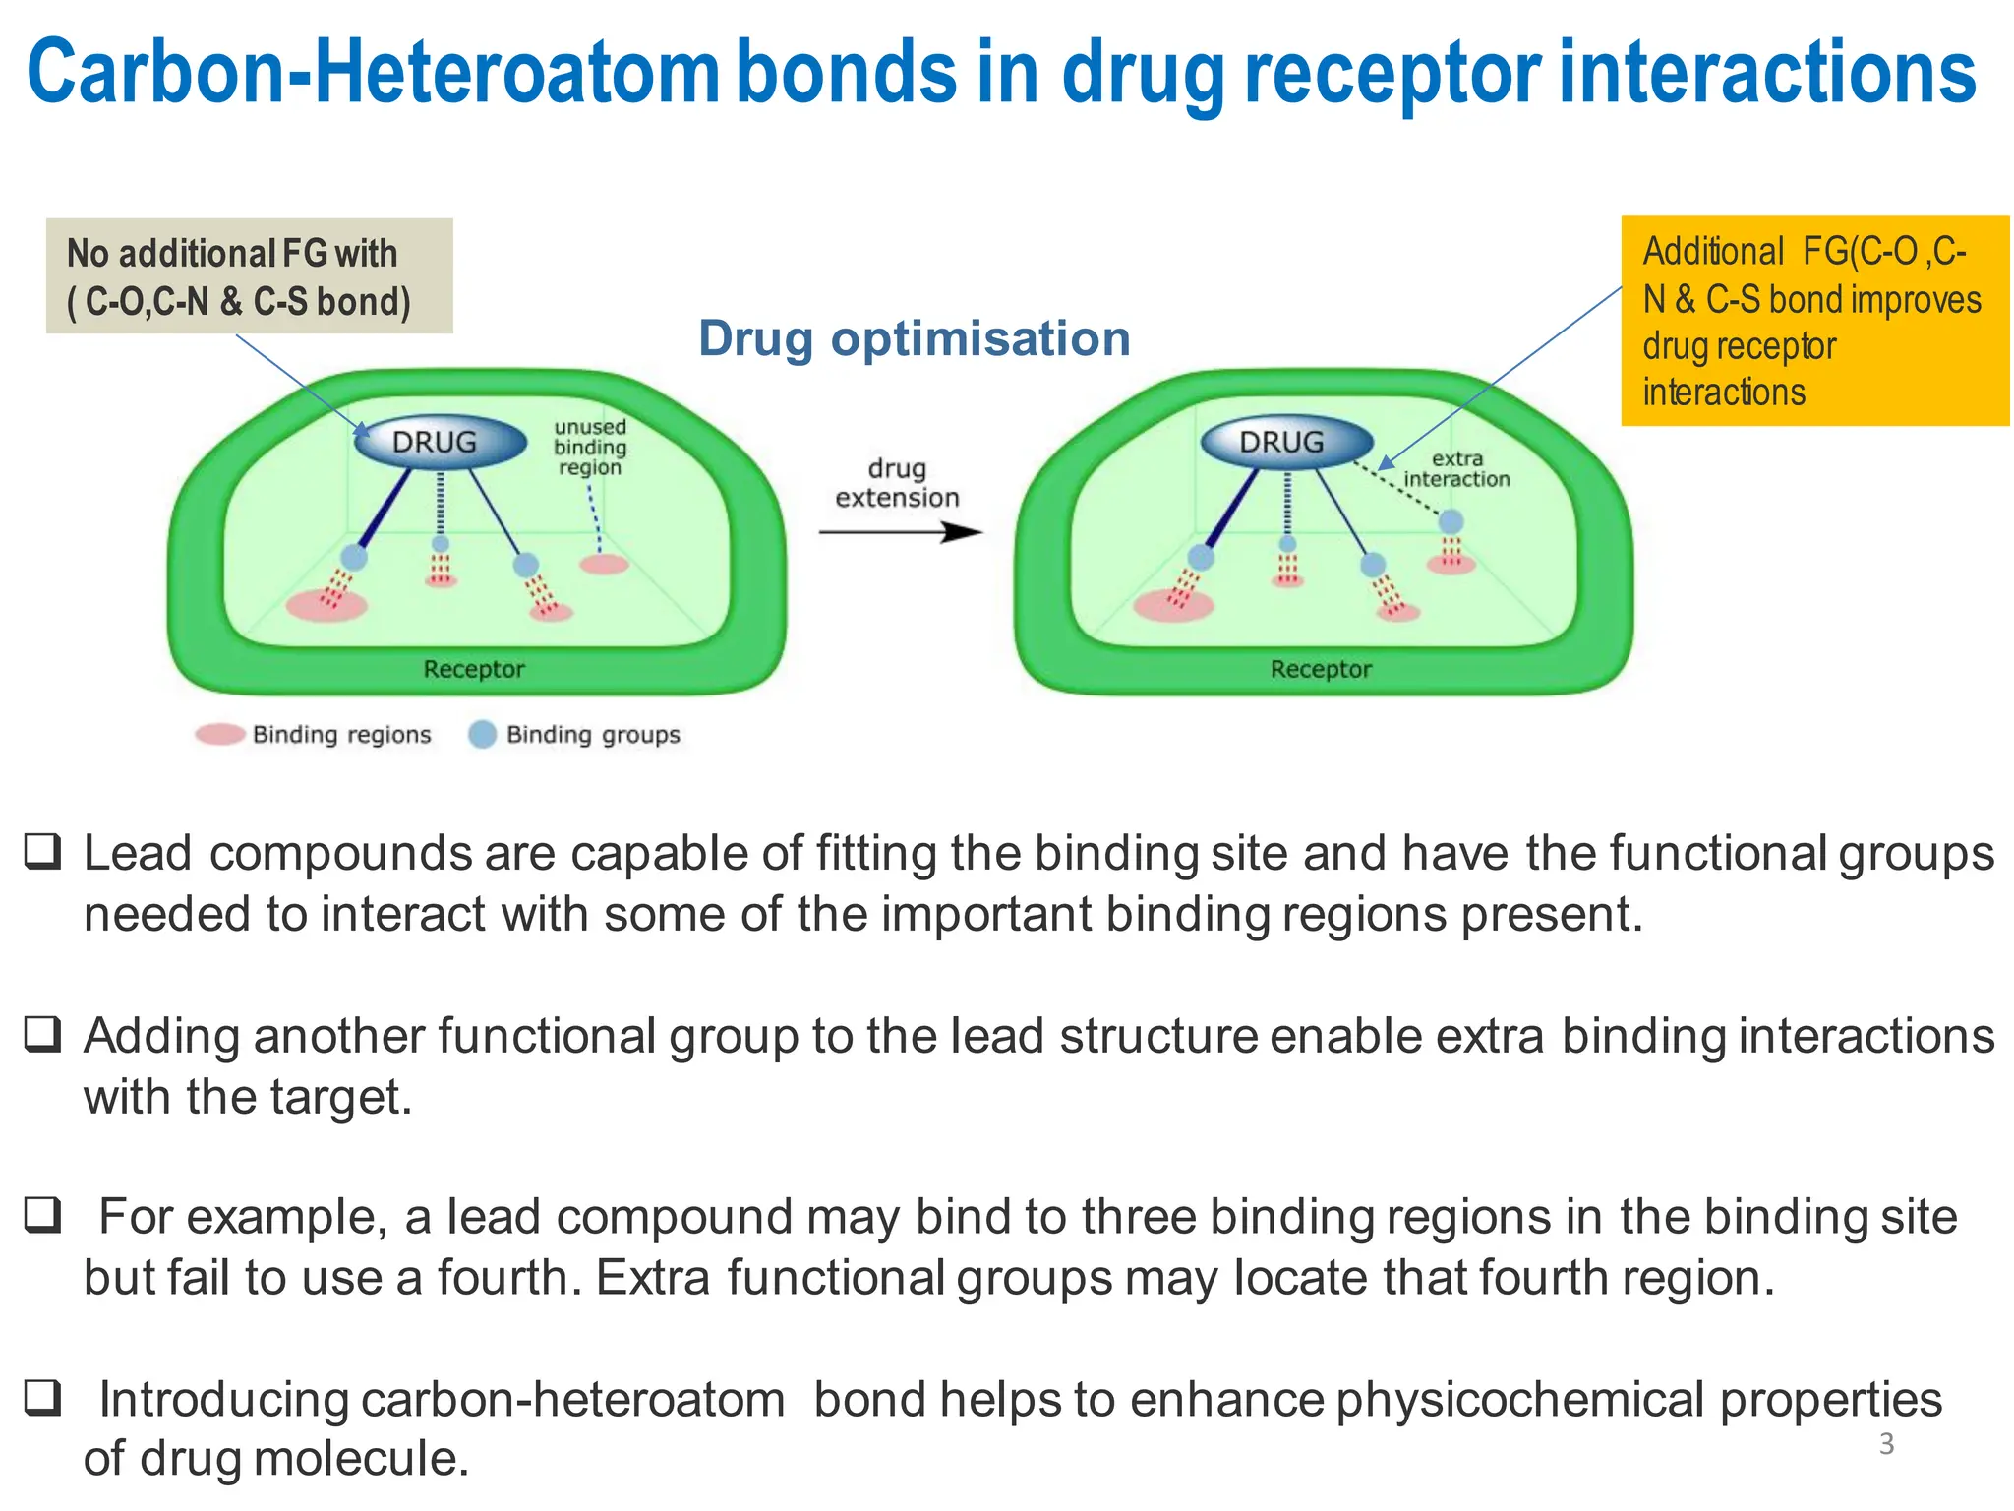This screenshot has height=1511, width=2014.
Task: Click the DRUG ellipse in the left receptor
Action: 439,443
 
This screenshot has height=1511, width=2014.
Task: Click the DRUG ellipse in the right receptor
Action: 1286,443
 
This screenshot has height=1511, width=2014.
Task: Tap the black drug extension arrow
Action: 900,532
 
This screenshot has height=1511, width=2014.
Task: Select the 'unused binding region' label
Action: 589,448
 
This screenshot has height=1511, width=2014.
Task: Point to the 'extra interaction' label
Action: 1456,469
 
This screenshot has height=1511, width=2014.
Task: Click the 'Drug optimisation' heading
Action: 914,338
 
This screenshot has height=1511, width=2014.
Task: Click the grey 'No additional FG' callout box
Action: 249,276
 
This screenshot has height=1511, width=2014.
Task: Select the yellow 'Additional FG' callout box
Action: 1814,321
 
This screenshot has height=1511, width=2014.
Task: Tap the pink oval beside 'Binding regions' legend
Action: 219,735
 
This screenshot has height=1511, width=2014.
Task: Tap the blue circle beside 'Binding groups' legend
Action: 482,735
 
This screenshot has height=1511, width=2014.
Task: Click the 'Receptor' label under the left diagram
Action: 474,670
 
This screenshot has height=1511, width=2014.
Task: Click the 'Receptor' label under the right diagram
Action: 1321,670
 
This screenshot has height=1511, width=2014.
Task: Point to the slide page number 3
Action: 1886,1444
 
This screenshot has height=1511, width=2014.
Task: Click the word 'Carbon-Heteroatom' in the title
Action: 374,73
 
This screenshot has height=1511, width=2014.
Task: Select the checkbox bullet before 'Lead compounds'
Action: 43,852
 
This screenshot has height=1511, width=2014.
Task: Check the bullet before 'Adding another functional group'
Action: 43,1034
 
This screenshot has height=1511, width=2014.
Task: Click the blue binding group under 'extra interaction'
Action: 1451,522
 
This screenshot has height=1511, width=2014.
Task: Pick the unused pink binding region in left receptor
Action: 604,564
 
